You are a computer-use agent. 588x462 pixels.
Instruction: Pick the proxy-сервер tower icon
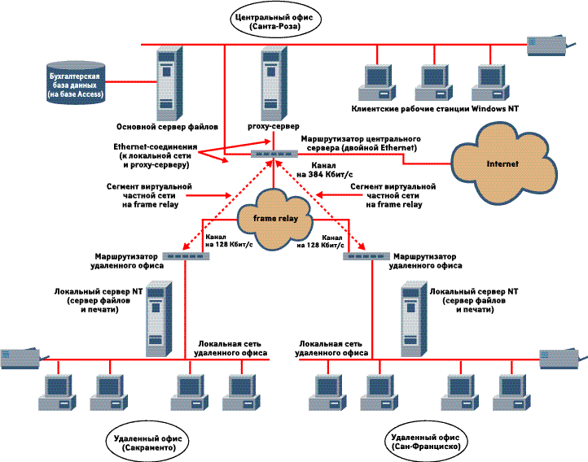270,82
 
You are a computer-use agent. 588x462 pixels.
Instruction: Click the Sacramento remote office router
186,255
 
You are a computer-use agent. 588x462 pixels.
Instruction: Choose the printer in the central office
546,44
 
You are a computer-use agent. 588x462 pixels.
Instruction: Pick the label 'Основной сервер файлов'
167,128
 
